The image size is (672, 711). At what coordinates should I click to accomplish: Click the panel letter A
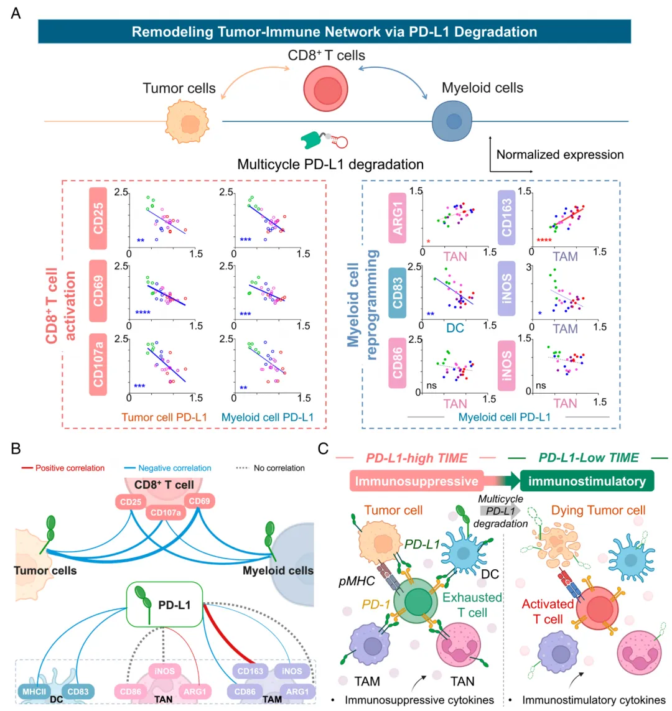tap(16, 12)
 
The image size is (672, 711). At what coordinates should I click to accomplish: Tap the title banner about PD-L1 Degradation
tap(334, 32)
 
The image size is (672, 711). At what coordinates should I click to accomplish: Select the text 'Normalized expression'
tap(559, 155)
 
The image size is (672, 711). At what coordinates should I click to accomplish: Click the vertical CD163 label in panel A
tap(507, 217)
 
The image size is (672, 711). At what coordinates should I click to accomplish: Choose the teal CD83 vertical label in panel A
tap(398, 292)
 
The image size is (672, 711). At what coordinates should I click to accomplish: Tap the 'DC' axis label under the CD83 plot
tap(455, 328)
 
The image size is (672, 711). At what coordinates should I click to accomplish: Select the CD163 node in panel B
tap(250, 671)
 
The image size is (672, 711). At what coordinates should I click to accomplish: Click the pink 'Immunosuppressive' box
tap(416, 481)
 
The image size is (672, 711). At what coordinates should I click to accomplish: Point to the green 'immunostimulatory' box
tap(587, 481)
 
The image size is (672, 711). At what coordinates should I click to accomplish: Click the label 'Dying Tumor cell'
tap(598, 510)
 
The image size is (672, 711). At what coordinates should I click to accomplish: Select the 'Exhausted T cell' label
tap(472, 605)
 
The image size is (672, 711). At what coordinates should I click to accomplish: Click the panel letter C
tap(323, 448)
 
